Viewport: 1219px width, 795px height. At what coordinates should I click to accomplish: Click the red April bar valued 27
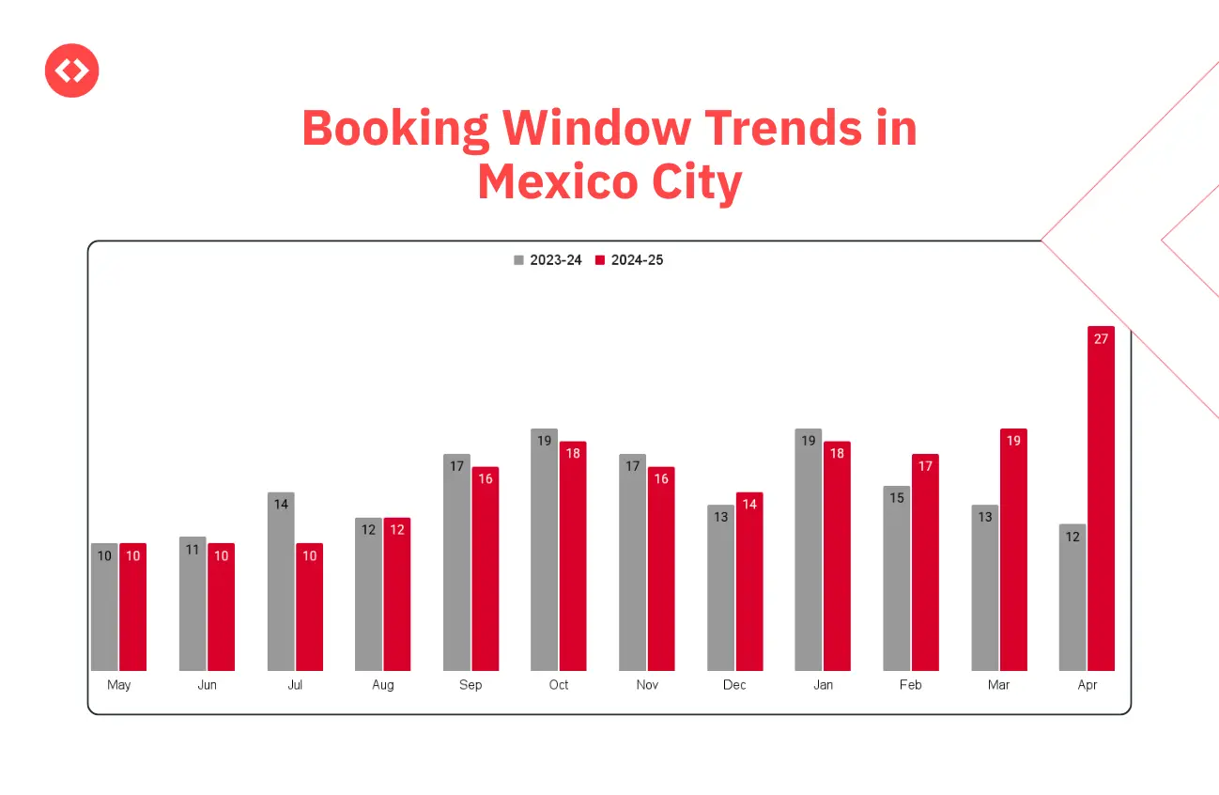[1101, 498]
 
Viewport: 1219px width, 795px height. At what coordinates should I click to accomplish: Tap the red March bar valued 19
[1013, 550]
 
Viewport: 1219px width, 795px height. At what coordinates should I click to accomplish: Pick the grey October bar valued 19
[545, 550]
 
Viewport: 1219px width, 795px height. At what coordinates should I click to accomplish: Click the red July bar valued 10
[309, 606]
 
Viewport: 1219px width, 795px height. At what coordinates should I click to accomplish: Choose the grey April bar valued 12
[1072, 597]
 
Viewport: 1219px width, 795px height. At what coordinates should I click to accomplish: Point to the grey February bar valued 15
[897, 578]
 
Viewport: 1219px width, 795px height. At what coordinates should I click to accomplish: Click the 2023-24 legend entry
[548, 260]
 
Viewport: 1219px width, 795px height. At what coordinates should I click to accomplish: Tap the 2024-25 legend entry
[629, 260]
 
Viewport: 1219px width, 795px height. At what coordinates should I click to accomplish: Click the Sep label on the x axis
[471, 685]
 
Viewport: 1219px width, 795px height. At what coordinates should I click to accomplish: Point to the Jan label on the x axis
[823, 685]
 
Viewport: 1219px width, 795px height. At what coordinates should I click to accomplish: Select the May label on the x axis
[119, 685]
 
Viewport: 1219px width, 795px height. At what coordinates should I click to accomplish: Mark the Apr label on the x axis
[1088, 685]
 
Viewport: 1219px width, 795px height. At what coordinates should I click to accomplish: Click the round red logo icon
[72, 70]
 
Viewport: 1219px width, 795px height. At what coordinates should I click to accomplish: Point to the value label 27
[1101, 339]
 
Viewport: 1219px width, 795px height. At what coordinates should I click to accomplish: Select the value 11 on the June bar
[193, 550]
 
